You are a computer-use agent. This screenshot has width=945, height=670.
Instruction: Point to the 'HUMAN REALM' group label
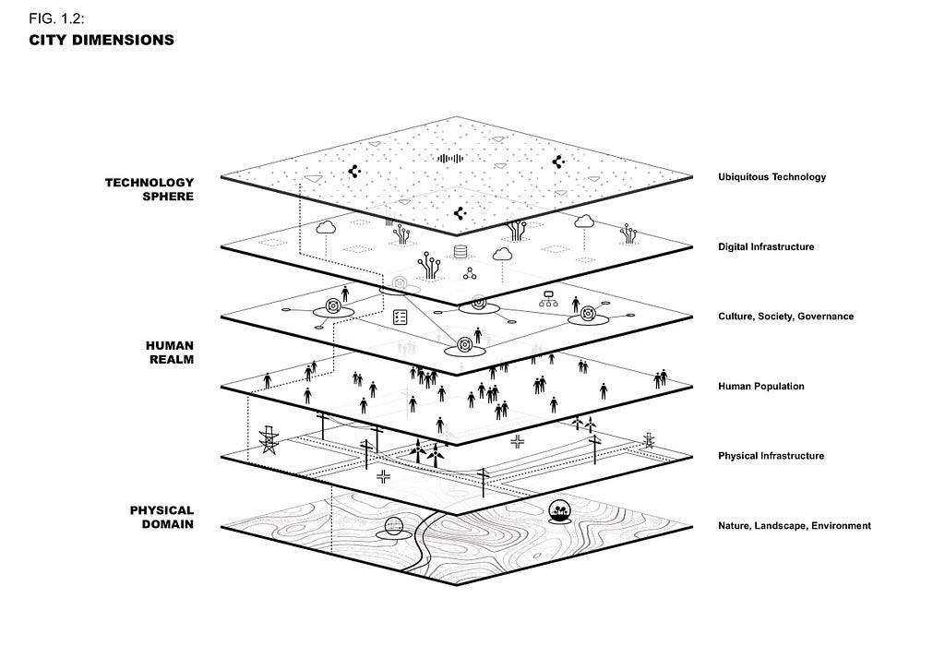170,352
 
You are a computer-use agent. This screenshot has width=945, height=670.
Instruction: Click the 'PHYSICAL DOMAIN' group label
161,517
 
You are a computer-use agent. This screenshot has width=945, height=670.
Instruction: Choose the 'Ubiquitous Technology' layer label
772,177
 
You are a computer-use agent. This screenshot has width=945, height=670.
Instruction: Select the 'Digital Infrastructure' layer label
766,247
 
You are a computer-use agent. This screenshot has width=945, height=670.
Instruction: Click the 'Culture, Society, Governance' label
785,317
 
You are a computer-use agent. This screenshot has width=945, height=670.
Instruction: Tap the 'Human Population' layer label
760,387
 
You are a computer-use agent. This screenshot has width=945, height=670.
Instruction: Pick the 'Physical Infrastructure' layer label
771,456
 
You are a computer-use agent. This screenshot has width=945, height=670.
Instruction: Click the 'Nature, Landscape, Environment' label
794,526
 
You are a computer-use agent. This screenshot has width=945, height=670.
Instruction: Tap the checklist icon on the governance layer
401,317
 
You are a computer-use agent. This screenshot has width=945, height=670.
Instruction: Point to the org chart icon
546,298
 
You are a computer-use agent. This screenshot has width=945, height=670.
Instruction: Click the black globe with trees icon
559,509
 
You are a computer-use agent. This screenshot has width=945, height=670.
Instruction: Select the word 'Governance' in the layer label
825,317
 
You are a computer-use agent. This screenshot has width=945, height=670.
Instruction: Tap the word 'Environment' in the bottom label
839,526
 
